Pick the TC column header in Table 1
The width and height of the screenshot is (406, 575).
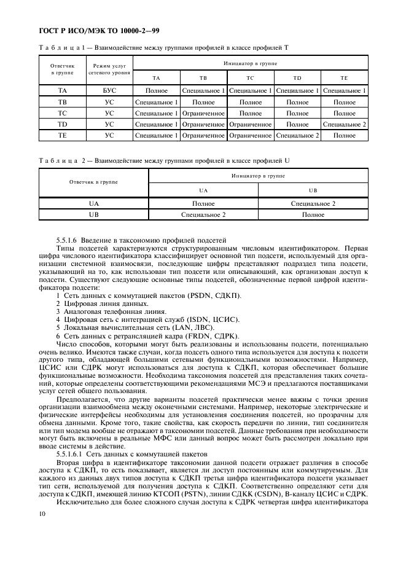point(250,79)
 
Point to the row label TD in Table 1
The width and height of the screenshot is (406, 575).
point(62,124)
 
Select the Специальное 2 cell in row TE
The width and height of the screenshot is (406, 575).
point(297,135)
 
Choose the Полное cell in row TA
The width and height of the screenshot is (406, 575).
point(156,91)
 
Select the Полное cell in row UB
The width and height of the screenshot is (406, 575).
point(313,215)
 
